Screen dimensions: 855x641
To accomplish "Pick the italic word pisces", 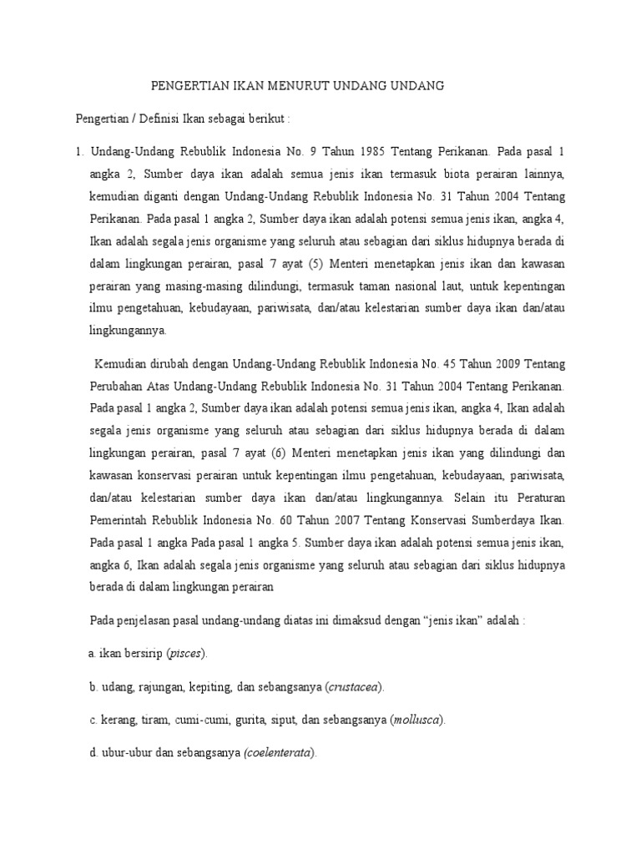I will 184,652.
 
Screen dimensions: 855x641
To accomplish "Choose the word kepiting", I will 201,686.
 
